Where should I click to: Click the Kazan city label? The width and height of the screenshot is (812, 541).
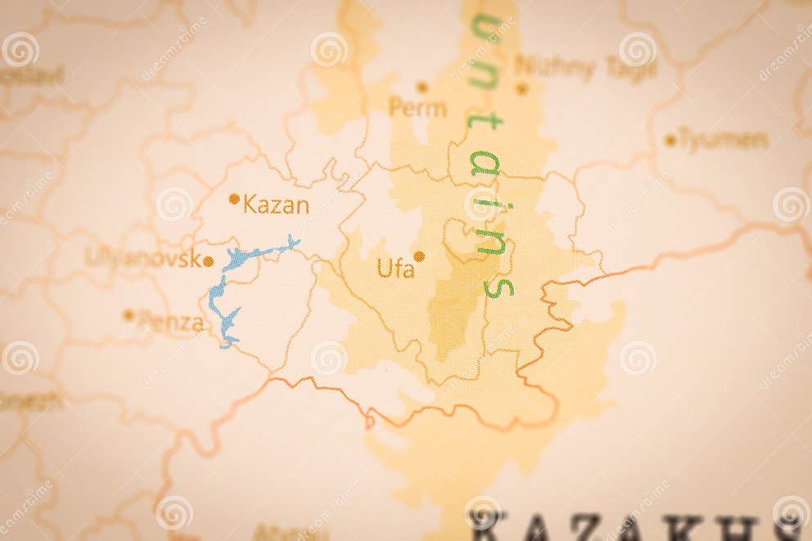tap(277, 205)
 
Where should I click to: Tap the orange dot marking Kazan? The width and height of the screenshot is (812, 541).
tap(234, 198)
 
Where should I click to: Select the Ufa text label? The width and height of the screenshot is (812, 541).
tap(395, 268)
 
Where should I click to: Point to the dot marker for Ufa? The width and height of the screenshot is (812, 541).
tap(419, 256)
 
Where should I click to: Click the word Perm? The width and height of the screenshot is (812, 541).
tap(417, 107)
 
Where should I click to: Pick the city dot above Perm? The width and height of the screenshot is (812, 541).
tap(422, 86)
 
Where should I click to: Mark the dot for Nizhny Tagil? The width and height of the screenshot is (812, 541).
tap(521, 88)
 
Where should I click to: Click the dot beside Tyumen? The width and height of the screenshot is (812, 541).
tap(670, 140)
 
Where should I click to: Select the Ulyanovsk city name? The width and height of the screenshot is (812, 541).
tap(142, 258)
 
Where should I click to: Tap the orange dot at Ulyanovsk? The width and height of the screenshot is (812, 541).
tap(208, 262)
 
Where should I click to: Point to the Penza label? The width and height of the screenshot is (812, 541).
tap(170, 322)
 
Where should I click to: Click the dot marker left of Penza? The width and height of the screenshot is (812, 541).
tap(128, 314)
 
